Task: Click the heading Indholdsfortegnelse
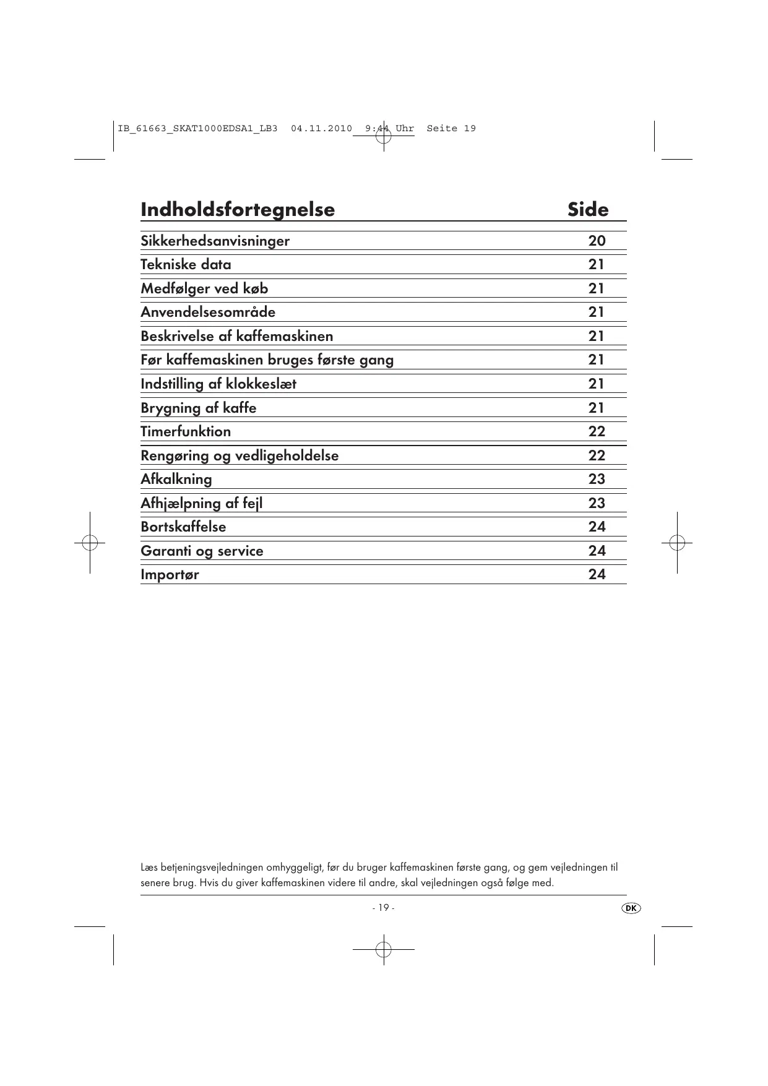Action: (238, 210)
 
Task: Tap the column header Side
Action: (588, 210)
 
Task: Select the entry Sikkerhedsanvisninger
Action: (215, 241)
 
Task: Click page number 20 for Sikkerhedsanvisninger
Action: (597, 241)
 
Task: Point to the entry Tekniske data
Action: (186, 265)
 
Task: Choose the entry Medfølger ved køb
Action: (204, 288)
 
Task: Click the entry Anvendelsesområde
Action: (208, 312)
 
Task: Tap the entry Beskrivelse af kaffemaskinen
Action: (236, 336)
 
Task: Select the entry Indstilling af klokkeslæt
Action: (218, 384)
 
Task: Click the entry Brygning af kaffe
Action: (198, 408)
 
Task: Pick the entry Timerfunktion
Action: (186, 431)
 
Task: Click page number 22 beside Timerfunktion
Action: (597, 431)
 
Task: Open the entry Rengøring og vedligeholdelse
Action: (239, 455)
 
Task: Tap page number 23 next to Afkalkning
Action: (597, 479)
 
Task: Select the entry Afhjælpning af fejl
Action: (201, 503)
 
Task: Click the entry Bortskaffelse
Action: (183, 527)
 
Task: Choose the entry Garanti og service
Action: (202, 551)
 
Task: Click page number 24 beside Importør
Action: (597, 574)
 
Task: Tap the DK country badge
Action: (631, 908)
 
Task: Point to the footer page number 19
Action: (383, 908)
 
